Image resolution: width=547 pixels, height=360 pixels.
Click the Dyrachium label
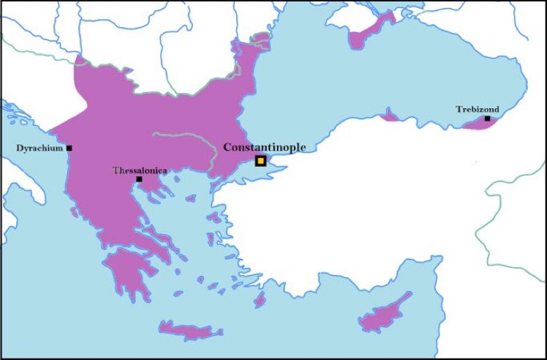click(x=39, y=148)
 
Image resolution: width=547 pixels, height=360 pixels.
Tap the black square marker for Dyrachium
click(x=69, y=148)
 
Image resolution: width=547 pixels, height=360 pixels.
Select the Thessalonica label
click(x=140, y=170)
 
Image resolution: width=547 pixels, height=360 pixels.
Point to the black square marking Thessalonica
click(x=139, y=179)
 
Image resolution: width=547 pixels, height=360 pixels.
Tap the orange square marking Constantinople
click(x=260, y=161)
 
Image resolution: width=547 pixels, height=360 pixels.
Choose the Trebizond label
click(x=478, y=109)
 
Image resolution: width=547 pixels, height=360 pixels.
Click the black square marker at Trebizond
click(x=487, y=118)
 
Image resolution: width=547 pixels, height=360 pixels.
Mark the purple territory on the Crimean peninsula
click(x=366, y=36)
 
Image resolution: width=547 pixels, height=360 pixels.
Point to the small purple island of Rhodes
click(x=258, y=300)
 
